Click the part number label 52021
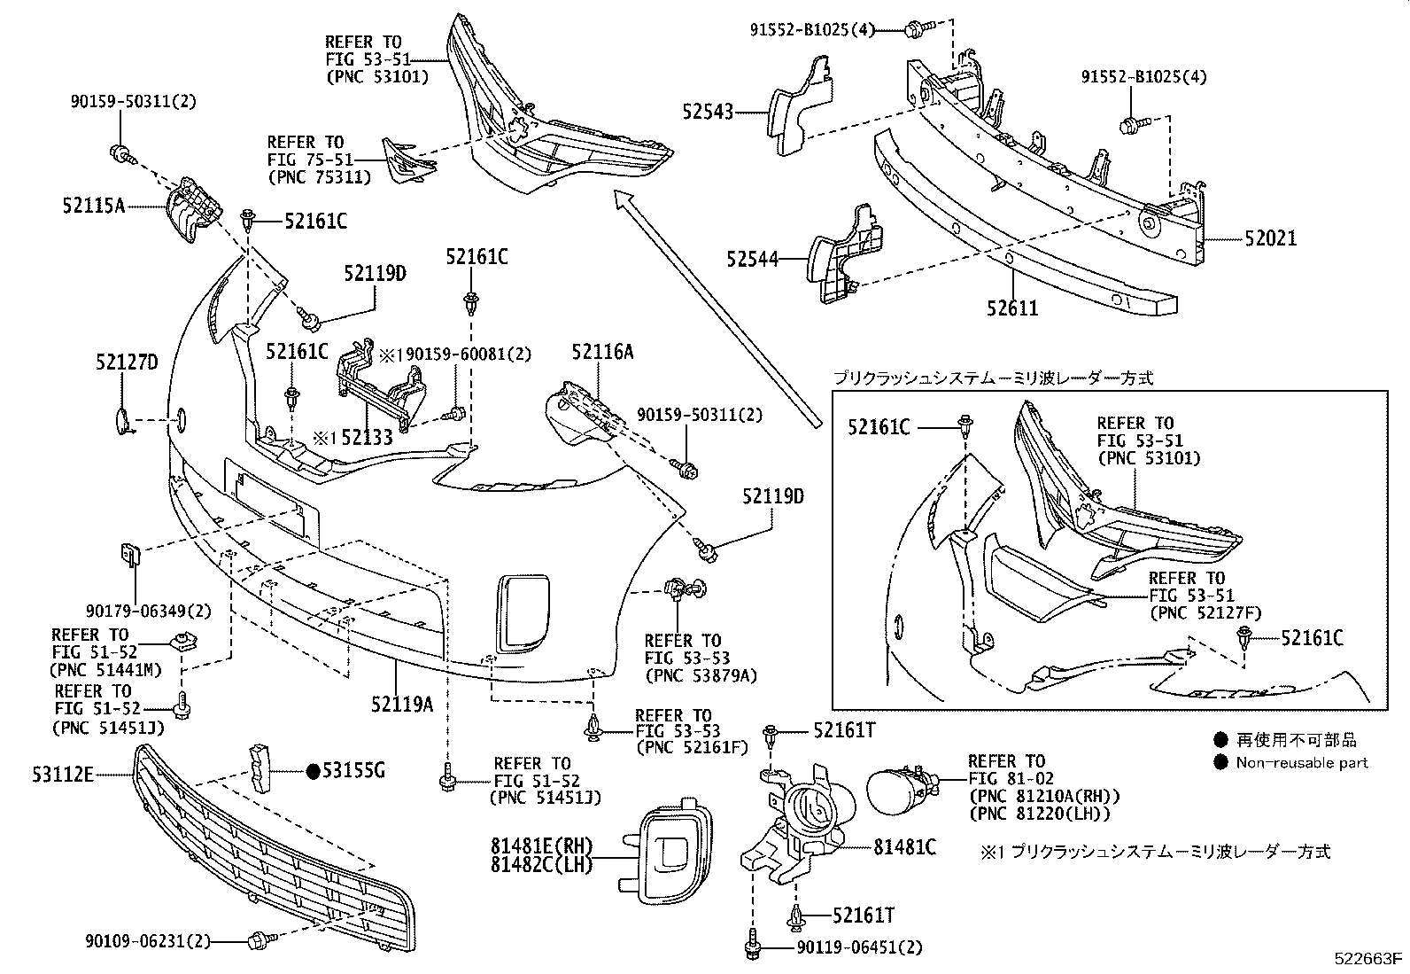[1270, 238]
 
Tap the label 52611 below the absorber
[1012, 308]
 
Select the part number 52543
[708, 112]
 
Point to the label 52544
[752, 259]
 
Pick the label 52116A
[602, 352]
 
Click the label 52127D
[126, 362]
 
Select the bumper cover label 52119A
[402, 704]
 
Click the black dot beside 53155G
[312, 771]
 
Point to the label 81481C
[904, 846]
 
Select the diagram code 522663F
[1370, 959]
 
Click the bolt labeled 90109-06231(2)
[260, 938]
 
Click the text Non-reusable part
[1302, 762]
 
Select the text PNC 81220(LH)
[1040, 813]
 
